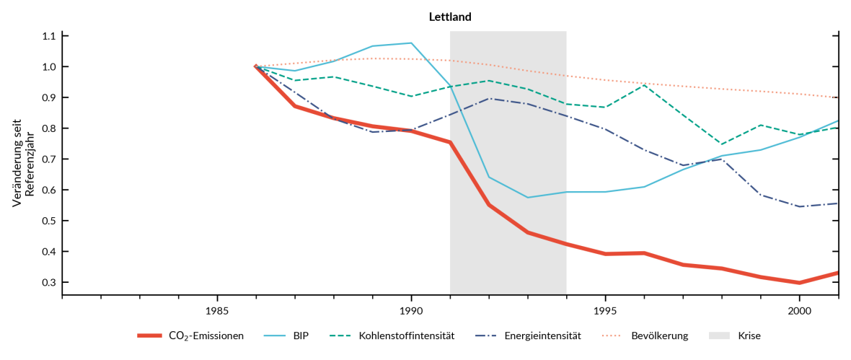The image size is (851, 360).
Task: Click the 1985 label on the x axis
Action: coord(217,311)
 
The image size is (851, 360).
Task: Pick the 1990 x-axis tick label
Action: coord(411,311)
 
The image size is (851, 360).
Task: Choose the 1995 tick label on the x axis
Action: coord(605,311)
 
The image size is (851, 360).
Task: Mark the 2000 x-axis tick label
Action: coord(799,311)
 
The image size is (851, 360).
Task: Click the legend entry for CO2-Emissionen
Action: coord(206,335)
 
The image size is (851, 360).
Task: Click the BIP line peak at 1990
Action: coord(411,43)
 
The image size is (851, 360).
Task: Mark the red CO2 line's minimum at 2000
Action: coord(799,283)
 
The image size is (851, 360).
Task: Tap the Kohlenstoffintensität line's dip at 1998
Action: coord(721,144)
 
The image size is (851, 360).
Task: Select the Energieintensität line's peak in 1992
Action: coord(489,98)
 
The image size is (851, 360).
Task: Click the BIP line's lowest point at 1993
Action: coord(528,198)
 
